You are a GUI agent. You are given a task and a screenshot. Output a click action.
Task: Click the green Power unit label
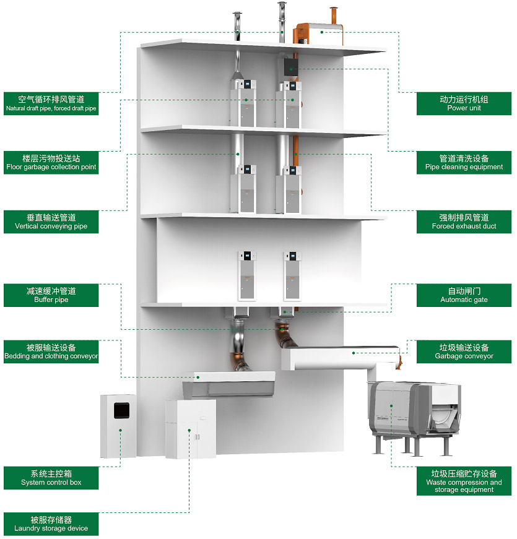coord(464,103)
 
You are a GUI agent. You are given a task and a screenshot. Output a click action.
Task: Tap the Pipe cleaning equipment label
coord(464,162)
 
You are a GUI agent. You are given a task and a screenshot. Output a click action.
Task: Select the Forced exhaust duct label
coord(464,222)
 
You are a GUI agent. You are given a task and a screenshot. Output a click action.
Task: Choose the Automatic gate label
coord(464,295)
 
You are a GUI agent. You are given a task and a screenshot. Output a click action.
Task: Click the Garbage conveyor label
coord(464,351)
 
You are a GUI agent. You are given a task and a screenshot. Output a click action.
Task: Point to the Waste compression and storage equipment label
coord(464,481)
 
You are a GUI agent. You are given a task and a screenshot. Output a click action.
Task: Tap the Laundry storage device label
coord(51,524)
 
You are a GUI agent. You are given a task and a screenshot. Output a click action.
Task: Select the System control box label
coord(51,478)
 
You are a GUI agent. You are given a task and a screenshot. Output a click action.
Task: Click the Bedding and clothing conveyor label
coord(51,351)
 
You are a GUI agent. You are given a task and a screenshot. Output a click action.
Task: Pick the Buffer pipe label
coord(51,295)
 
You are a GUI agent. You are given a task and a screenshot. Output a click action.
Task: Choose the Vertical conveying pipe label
coord(51,222)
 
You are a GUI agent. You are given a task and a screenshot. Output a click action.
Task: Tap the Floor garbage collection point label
coord(51,162)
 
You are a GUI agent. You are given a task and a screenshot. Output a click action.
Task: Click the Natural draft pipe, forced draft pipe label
coord(51,103)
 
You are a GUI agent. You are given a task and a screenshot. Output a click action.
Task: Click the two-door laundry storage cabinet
coord(191,429)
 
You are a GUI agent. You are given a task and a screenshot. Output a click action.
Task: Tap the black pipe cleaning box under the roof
coord(291,66)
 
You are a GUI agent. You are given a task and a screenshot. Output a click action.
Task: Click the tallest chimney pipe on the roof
coord(282,22)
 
